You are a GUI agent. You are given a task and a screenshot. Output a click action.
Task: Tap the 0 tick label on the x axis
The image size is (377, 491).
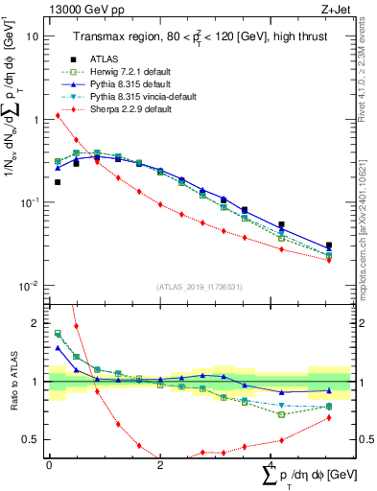pos(49,465)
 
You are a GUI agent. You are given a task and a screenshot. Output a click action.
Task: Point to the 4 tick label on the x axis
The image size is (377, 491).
pos(271,465)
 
